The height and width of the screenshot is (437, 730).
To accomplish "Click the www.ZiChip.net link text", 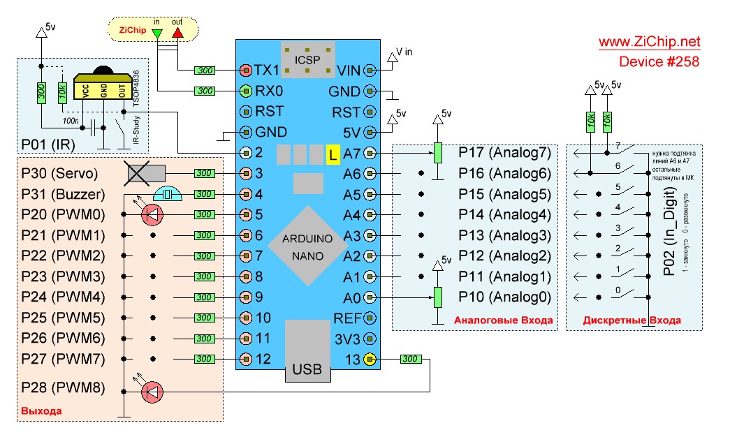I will pos(649,42).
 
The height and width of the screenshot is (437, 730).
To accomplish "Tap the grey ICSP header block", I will pos(307,59).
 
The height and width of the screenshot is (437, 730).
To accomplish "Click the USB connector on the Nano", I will pos(307,353).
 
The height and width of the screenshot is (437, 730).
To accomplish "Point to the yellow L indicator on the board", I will pos(333,154).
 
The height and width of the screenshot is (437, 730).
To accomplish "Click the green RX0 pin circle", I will pos(245,91).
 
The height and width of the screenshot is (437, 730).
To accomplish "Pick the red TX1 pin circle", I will pos(245,71).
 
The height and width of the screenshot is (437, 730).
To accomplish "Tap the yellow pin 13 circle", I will pos(370,360).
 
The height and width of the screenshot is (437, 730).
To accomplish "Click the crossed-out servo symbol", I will pos(145,172).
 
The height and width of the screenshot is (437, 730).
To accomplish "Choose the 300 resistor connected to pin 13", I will pos(410,360).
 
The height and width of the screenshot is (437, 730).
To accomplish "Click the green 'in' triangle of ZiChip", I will pos(156,33).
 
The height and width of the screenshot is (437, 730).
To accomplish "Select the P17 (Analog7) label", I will pos(504,152).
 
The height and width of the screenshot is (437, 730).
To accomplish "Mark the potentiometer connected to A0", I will pos(437,297).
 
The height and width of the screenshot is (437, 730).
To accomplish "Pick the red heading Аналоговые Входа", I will pos(504,320).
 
